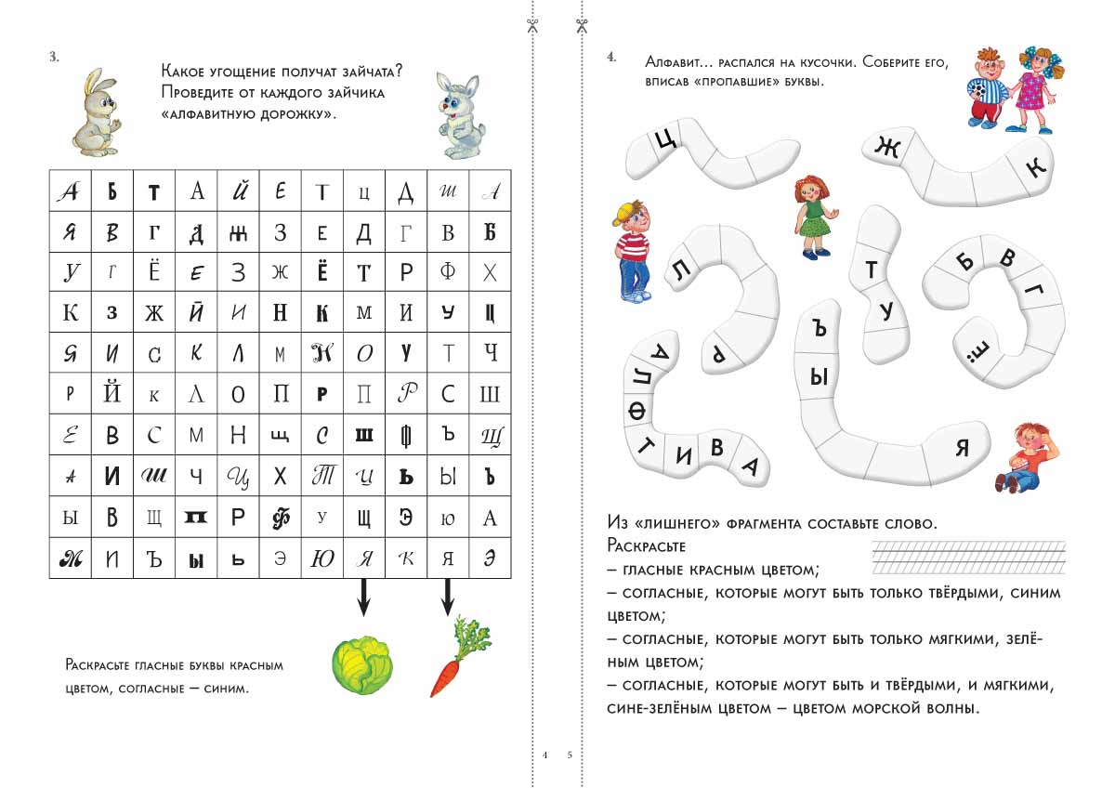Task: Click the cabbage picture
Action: (362, 665)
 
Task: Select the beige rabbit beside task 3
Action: (96, 112)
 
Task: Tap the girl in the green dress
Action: (814, 216)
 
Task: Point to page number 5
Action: (570, 755)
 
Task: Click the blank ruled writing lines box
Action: (966, 558)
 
